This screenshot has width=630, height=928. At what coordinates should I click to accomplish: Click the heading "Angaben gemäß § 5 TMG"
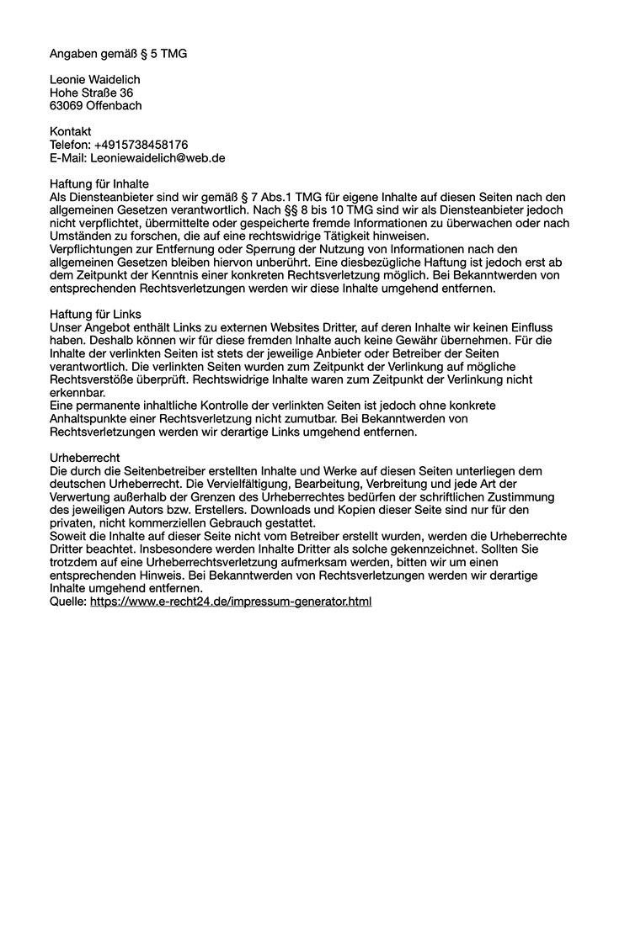[118, 54]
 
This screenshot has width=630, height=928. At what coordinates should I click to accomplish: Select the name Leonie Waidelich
[94, 80]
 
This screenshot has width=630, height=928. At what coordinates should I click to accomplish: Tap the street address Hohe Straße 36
[91, 93]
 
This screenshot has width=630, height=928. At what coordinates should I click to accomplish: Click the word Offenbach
[114, 106]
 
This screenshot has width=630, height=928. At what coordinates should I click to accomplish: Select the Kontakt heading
[71, 132]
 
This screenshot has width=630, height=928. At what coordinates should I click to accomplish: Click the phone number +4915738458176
[141, 145]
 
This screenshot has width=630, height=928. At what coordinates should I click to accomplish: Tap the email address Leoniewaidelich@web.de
[157, 157]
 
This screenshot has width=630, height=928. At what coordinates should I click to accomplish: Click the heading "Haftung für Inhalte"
[99, 183]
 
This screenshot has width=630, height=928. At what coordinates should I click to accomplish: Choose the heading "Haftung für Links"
[95, 314]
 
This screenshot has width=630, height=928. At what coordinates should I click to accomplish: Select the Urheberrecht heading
[85, 458]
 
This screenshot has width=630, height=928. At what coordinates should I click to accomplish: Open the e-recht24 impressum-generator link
[231, 602]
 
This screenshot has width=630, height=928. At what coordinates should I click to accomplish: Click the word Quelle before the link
[67, 602]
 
